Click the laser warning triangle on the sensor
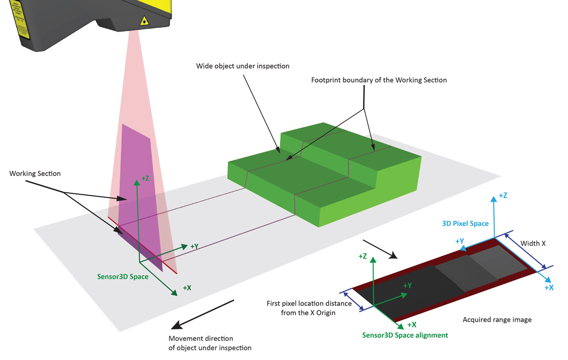click(x=144, y=21)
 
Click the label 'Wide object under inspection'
click(x=243, y=66)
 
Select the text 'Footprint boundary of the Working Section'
click(x=379, y=80)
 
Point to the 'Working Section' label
click(x=35, y=174)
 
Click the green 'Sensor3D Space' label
click(x=123, y=276)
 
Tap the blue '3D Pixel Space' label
click(x=465, y=223)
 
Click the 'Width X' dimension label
click(x=533, y=243)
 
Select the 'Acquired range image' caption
click(x=497, y=319)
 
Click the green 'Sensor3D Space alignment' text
click(x=405, y=335)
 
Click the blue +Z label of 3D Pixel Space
click(x=503, y=196)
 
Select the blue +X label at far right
click(x=549, y=287)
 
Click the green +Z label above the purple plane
click(x=145, y=179)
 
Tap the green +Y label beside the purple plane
click(x=194, y=246)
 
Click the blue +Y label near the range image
click(x=459, y=242)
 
